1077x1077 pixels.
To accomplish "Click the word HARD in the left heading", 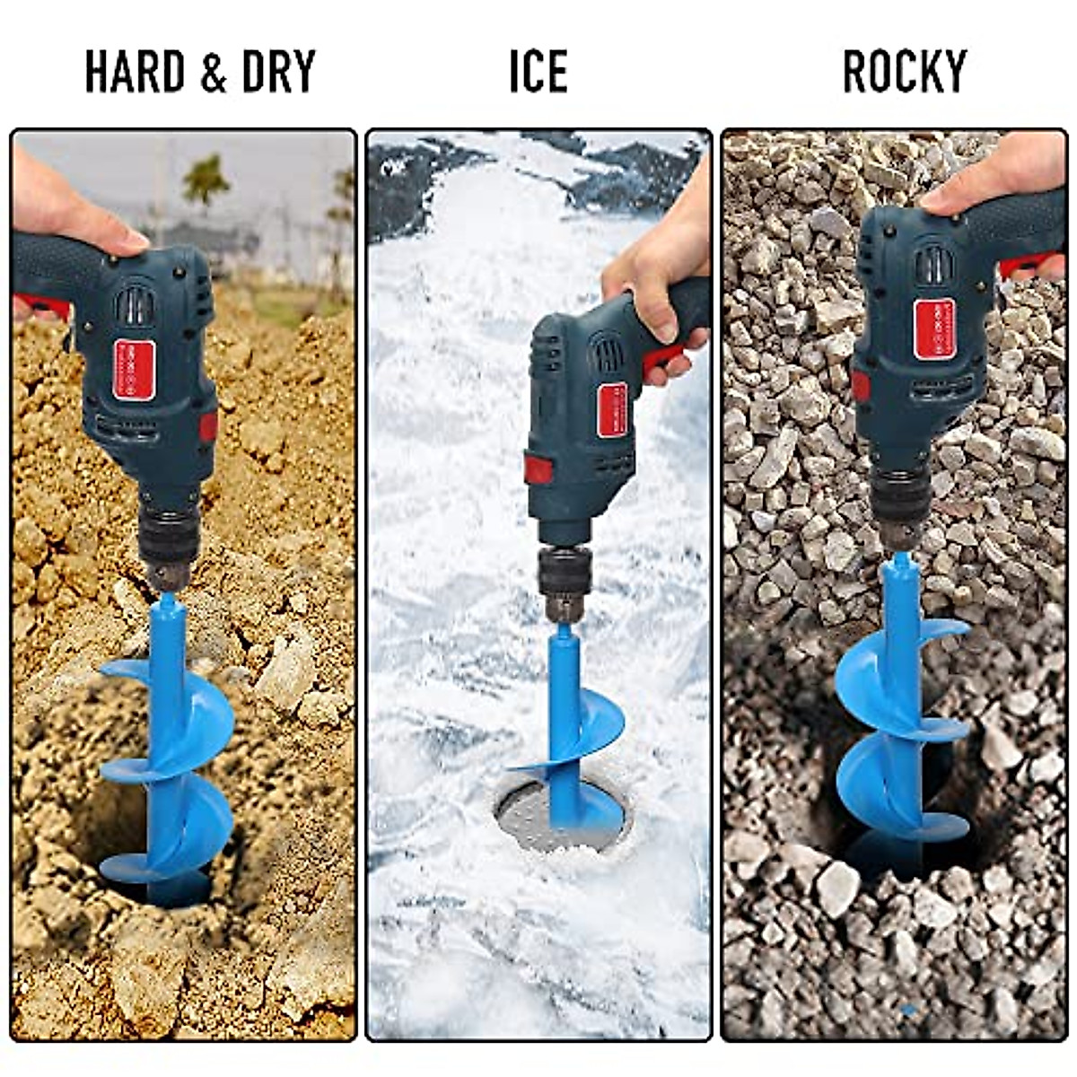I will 135,72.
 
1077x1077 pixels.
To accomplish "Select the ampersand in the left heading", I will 213,73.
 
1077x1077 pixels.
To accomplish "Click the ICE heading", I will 538,72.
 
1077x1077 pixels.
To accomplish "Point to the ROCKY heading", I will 905,72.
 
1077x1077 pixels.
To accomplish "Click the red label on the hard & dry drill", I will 134,369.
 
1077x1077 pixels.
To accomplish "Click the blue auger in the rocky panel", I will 897,718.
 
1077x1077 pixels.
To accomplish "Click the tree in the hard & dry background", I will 206,179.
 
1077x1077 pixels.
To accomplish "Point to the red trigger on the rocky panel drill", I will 1032,266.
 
